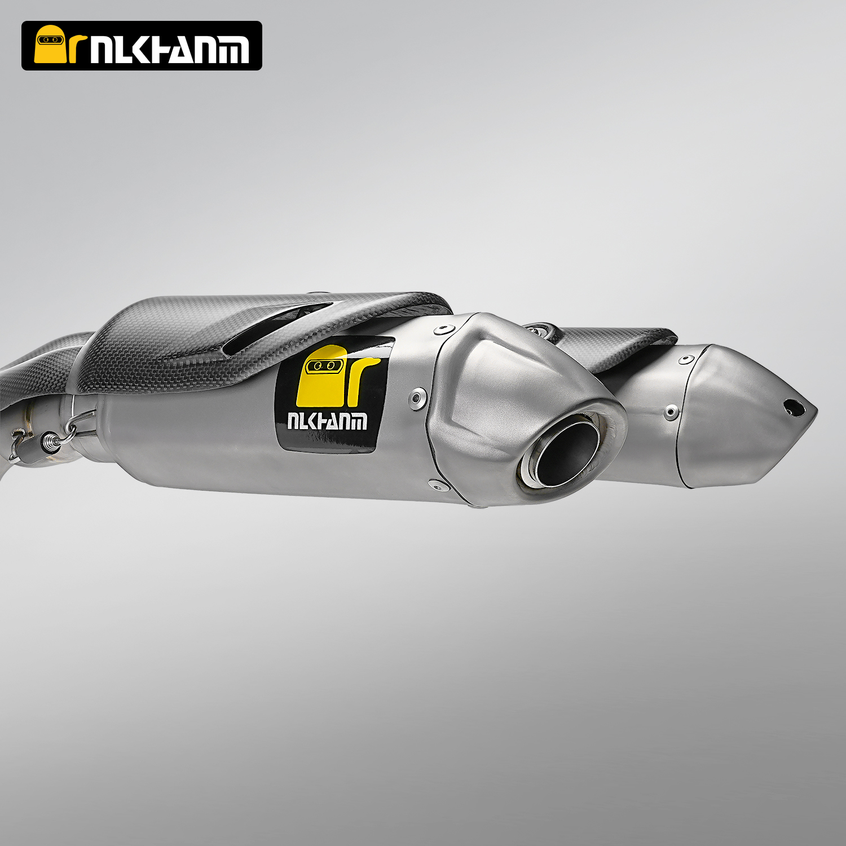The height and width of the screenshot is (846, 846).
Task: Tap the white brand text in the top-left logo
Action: pyautogui.click(x=169, y=50)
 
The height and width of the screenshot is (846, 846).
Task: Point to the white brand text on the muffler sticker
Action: pyautogui.click(x=327, y=421)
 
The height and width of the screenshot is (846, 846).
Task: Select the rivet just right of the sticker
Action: pyautogui.click(x=417, y=397)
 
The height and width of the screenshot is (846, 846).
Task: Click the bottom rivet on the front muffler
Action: pyautogui.click(x=435, y=483)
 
